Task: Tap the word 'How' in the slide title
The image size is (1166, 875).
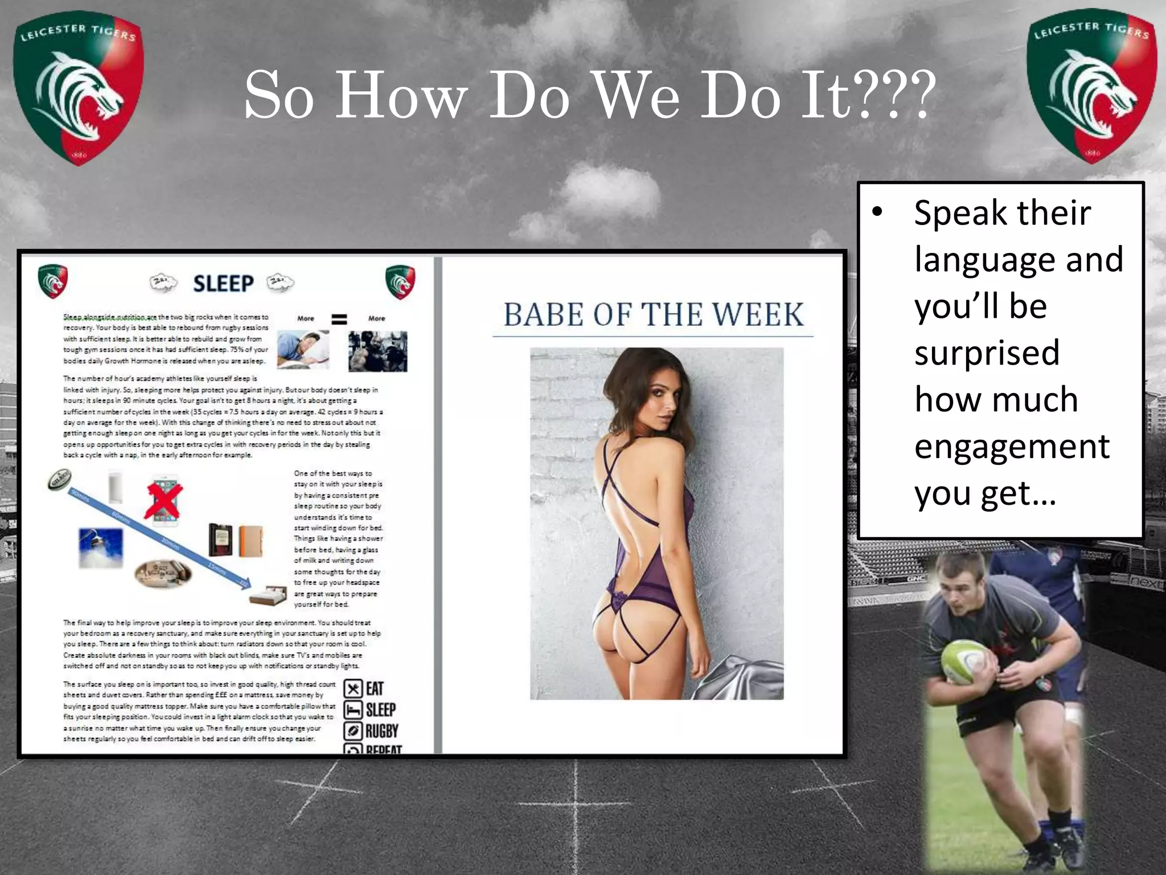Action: click(x=401, y=96)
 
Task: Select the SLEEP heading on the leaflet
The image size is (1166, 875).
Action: click(x=223, y=283)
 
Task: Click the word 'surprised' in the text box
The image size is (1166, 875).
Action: click(x=987, y=353)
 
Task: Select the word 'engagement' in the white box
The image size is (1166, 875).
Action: click(x=1012, y=446)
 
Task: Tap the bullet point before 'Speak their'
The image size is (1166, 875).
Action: click(x=877, y=212)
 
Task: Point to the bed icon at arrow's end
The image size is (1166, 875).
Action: click(x=269, y=595)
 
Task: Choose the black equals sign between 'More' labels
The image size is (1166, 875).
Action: click(x=339, y=319)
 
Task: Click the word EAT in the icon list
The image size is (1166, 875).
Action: click(x=375, y=689)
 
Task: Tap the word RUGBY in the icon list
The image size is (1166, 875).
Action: click(x=381, y=731)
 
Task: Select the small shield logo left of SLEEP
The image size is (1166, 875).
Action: click(x=53, y=281)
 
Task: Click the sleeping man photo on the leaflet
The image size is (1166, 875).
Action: click(x=303, y=349)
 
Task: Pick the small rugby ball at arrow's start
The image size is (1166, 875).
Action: click(x=59, y=479)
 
